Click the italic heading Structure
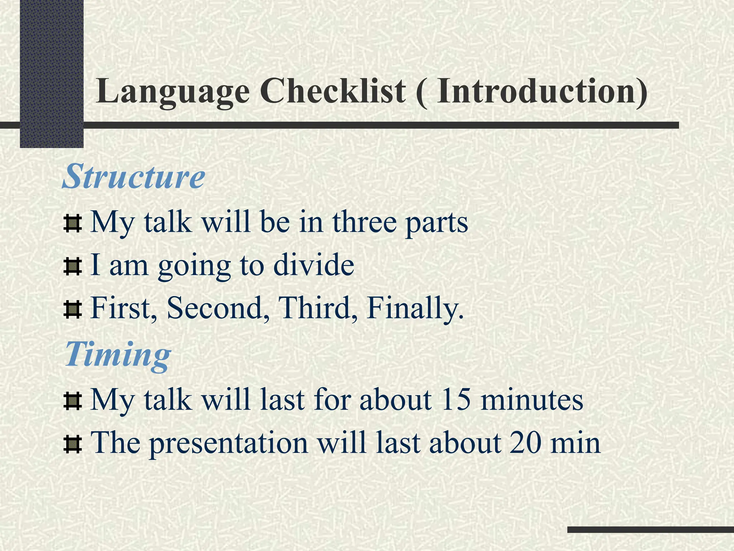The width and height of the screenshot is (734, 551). click(134, 176)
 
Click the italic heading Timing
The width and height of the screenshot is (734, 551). click(118, 354)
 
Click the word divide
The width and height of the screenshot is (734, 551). click(314, 265)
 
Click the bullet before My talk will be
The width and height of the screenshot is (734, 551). click(73, 223)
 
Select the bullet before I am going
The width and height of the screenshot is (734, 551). click(73, 267)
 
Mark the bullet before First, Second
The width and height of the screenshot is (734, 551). click(73, 310)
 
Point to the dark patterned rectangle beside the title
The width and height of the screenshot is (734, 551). click(52, 72)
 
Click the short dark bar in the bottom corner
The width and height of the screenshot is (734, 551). click(650, 529)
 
